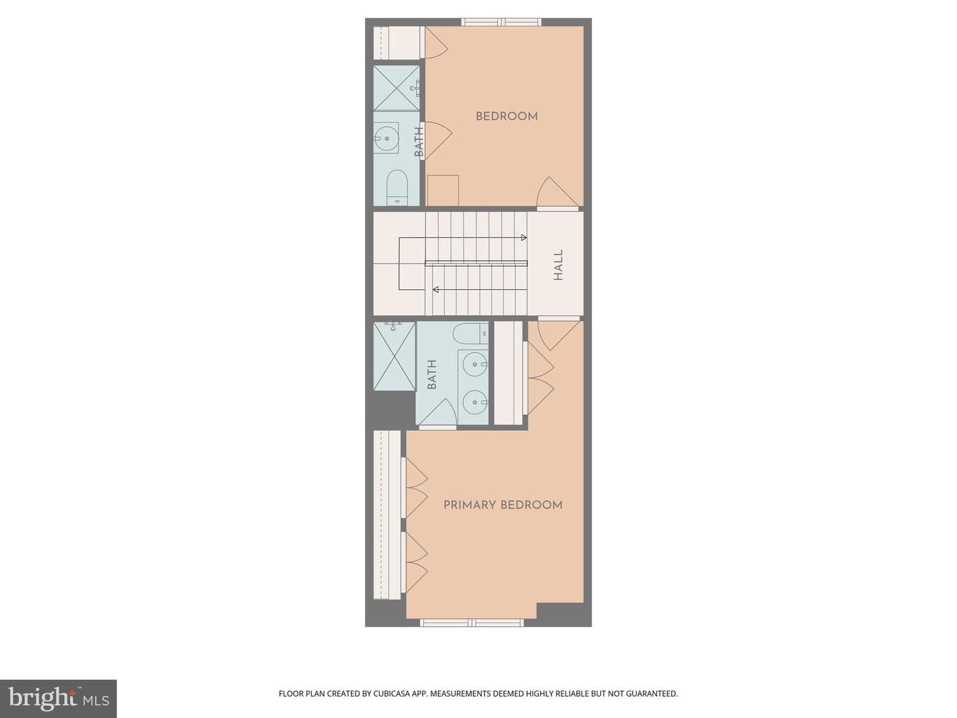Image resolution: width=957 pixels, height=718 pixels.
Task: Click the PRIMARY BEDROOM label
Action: (x=502, y=505)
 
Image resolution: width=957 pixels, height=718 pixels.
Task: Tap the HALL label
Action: (x=558, y=265)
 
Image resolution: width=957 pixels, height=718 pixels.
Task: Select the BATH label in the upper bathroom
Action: (x=419, y=142)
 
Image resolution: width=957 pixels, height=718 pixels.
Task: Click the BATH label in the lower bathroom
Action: (x=431, y=374)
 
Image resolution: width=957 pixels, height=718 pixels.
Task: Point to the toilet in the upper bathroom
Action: (x=397, y=187)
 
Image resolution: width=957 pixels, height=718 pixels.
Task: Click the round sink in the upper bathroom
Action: (x=386, y=138)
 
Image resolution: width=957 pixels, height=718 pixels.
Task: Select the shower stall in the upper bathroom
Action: (x=396, y=88)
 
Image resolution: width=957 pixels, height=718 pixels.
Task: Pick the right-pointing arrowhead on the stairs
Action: (x=524, y=237)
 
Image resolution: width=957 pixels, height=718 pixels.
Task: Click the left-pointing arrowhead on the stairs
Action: (x=435, y=289)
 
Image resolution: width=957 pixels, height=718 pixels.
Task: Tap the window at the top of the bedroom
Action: (x=501, y=22)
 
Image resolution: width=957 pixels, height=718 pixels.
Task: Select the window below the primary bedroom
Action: (x=472, y=622)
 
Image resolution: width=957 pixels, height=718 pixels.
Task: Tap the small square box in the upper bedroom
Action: (x=443, y=191)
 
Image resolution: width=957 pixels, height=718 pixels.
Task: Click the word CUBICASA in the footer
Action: (x=391, y=693)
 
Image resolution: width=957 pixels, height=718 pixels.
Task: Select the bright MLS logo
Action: (x=58, y=699)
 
